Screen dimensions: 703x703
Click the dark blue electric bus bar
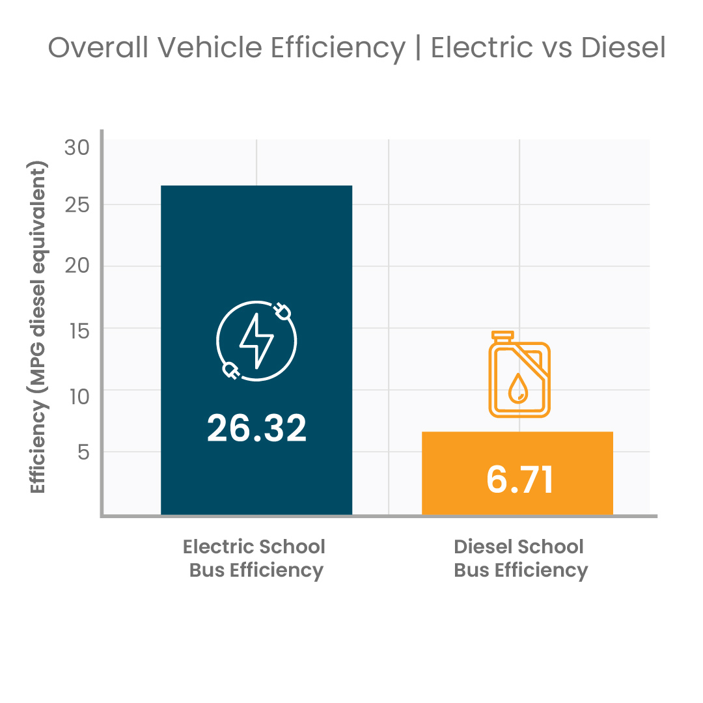coord(256,260)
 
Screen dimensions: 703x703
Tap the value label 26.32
coord(256,428)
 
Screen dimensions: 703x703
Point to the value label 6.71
coord(519,479)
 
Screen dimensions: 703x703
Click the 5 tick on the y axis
coord(83,452)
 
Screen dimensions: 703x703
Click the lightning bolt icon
coord(256,340)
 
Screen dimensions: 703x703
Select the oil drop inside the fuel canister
coord(518,389)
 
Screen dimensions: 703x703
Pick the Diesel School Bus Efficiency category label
coord(520,558)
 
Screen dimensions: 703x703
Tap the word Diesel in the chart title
coord(621,48)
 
